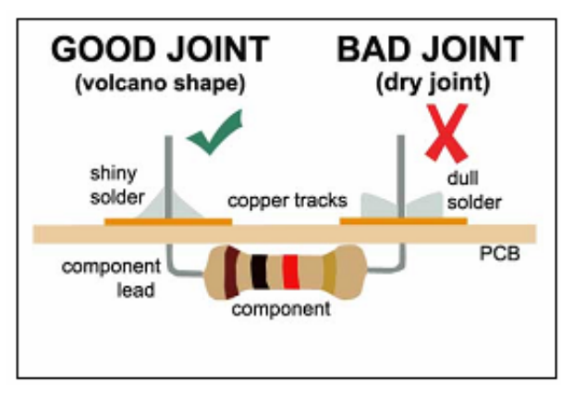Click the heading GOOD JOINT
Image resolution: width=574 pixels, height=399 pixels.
click(x=159, y=49)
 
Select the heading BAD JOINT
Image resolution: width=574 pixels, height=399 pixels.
click(x=430, y=49)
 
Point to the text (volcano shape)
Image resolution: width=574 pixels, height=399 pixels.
click(x=159, y=82)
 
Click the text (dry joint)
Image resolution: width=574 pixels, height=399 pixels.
click(x=430, y=82)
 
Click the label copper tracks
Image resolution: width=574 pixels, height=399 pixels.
click(x=287, y=200)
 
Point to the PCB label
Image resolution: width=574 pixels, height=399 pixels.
click(x=496, y=251)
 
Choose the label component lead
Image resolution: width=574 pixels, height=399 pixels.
click(x=111, y=278)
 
